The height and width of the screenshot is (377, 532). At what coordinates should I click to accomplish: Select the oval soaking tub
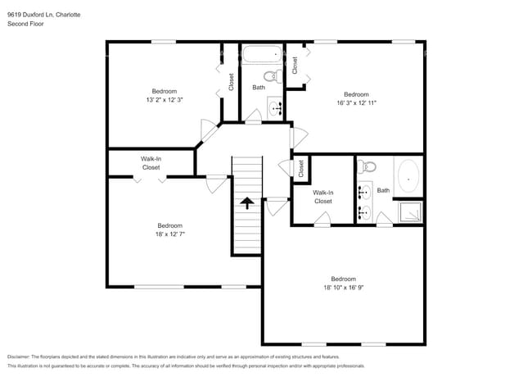(408, 177)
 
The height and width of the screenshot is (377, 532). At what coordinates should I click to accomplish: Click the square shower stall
(408, 212)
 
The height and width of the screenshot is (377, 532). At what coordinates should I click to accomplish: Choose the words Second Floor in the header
(25, 24)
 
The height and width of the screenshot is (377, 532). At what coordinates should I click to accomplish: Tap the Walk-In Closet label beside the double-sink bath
(323, 197)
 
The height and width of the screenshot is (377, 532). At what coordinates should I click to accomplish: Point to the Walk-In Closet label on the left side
(151, 162)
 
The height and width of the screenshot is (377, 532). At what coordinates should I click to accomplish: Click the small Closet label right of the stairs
(300, 169)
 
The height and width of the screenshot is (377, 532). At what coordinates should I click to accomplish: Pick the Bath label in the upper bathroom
(259, 87)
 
